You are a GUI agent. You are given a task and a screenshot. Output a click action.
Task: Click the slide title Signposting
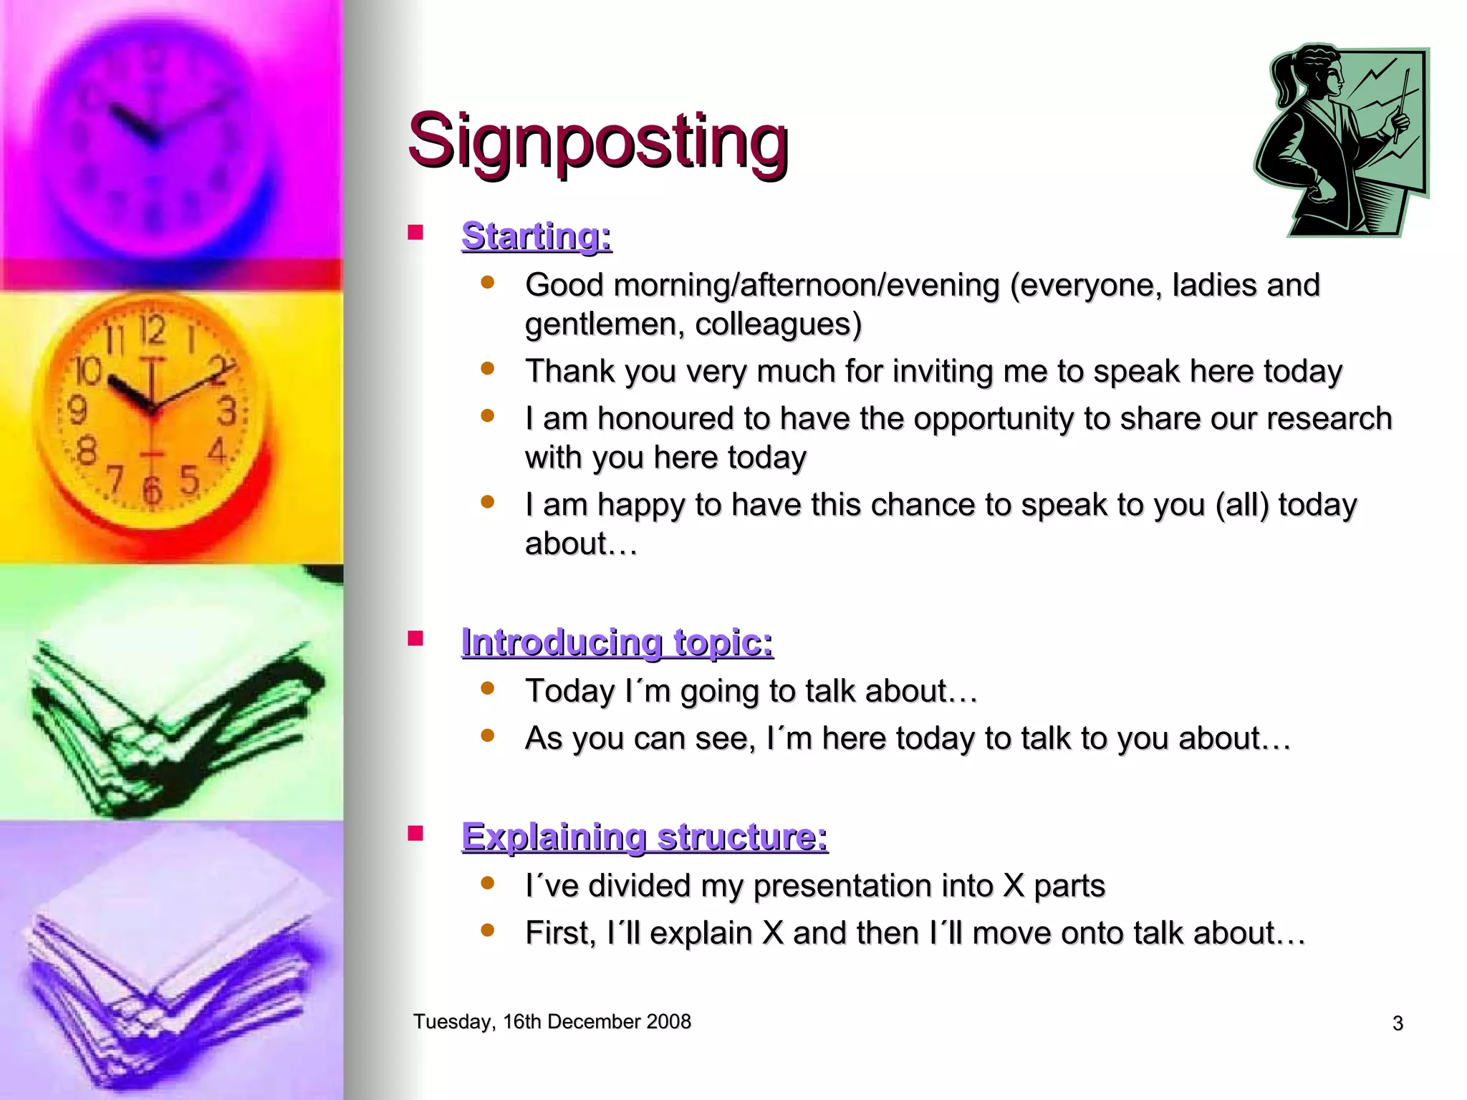point(598,141)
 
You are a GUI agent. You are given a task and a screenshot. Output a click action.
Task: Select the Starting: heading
point(537,236)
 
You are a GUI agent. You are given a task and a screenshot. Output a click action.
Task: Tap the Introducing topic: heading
point(617,642)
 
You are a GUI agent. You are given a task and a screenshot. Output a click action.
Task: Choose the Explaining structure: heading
point(644,836)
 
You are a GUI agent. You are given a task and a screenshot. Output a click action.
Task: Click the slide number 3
point(1398,1023)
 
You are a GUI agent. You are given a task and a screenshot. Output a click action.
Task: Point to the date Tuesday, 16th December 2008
point(552,1021)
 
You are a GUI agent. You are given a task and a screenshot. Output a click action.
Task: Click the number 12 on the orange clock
point(153,331)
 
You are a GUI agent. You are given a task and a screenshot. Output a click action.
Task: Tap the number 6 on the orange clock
point(152,491)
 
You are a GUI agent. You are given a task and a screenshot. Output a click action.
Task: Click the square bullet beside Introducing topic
point(415,638)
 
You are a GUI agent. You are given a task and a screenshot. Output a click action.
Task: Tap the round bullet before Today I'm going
point(488,689)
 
